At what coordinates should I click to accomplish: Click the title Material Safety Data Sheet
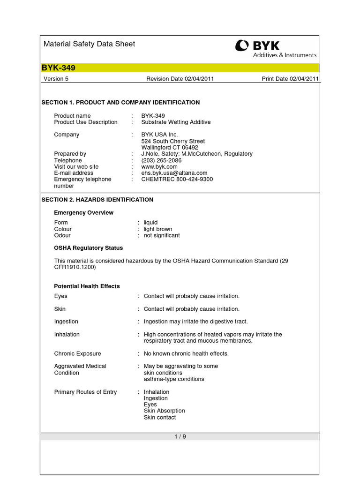[89, 44]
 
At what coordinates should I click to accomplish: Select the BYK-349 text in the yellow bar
[58, 68]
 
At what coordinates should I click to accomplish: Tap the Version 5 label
[56, 79]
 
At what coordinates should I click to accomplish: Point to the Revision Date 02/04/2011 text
[180, 79]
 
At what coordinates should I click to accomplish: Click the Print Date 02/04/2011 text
[290, 79]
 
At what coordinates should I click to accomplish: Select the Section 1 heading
[120, 102]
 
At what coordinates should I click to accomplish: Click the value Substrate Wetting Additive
[176, 122]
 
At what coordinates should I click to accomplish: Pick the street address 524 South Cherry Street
[173, 141]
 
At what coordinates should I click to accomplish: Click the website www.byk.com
[159, 166]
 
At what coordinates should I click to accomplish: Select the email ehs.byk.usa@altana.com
[174, 173]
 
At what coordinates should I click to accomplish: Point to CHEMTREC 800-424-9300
[177, 179]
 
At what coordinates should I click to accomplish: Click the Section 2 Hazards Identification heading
[97, 200]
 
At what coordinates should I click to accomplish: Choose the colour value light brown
[158, 229]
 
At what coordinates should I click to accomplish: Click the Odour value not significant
[162, 235]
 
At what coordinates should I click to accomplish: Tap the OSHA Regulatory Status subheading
[89, 248]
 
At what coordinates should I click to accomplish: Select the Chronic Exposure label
[77, 353]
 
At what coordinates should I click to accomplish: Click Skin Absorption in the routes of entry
[164, 411]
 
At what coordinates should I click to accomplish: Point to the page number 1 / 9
[180, 436]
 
